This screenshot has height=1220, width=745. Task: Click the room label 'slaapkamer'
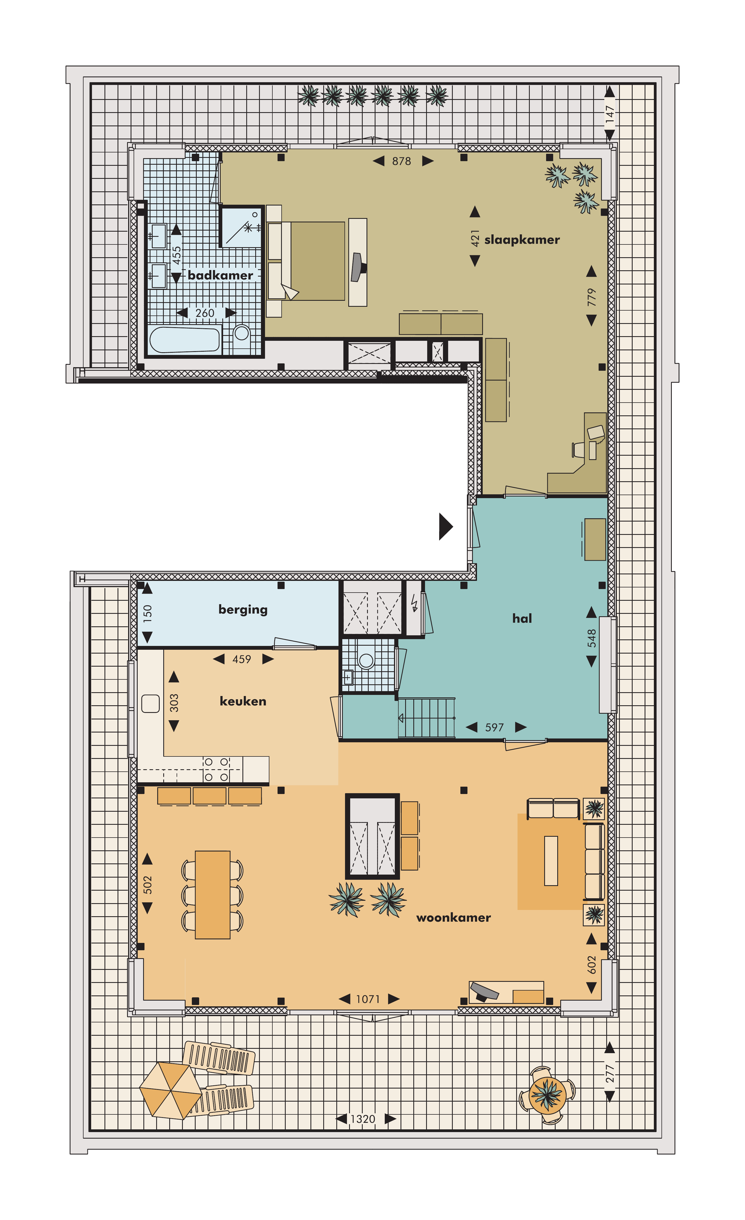click(x=522, y=240)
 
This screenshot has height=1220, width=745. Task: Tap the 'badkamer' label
click(x=220, y=275)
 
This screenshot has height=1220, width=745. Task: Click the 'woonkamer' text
click(x=453, y=918)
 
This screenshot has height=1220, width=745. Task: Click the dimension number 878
click(x=401, y=161)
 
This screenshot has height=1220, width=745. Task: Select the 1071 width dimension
click(x=368, y=999)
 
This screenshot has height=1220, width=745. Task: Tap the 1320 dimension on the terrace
click(x=363, y=1119)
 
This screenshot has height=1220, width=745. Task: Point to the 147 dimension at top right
click(x=610, y=114)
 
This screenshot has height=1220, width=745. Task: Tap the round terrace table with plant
click(x=547, y=1094)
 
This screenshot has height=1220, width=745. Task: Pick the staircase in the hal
click(x=427, y=718)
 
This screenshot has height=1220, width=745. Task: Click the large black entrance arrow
click(x=445, y=526)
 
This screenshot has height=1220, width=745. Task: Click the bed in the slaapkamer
click(x=307, y=261)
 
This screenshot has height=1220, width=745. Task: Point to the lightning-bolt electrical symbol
click(x=414, y=604)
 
